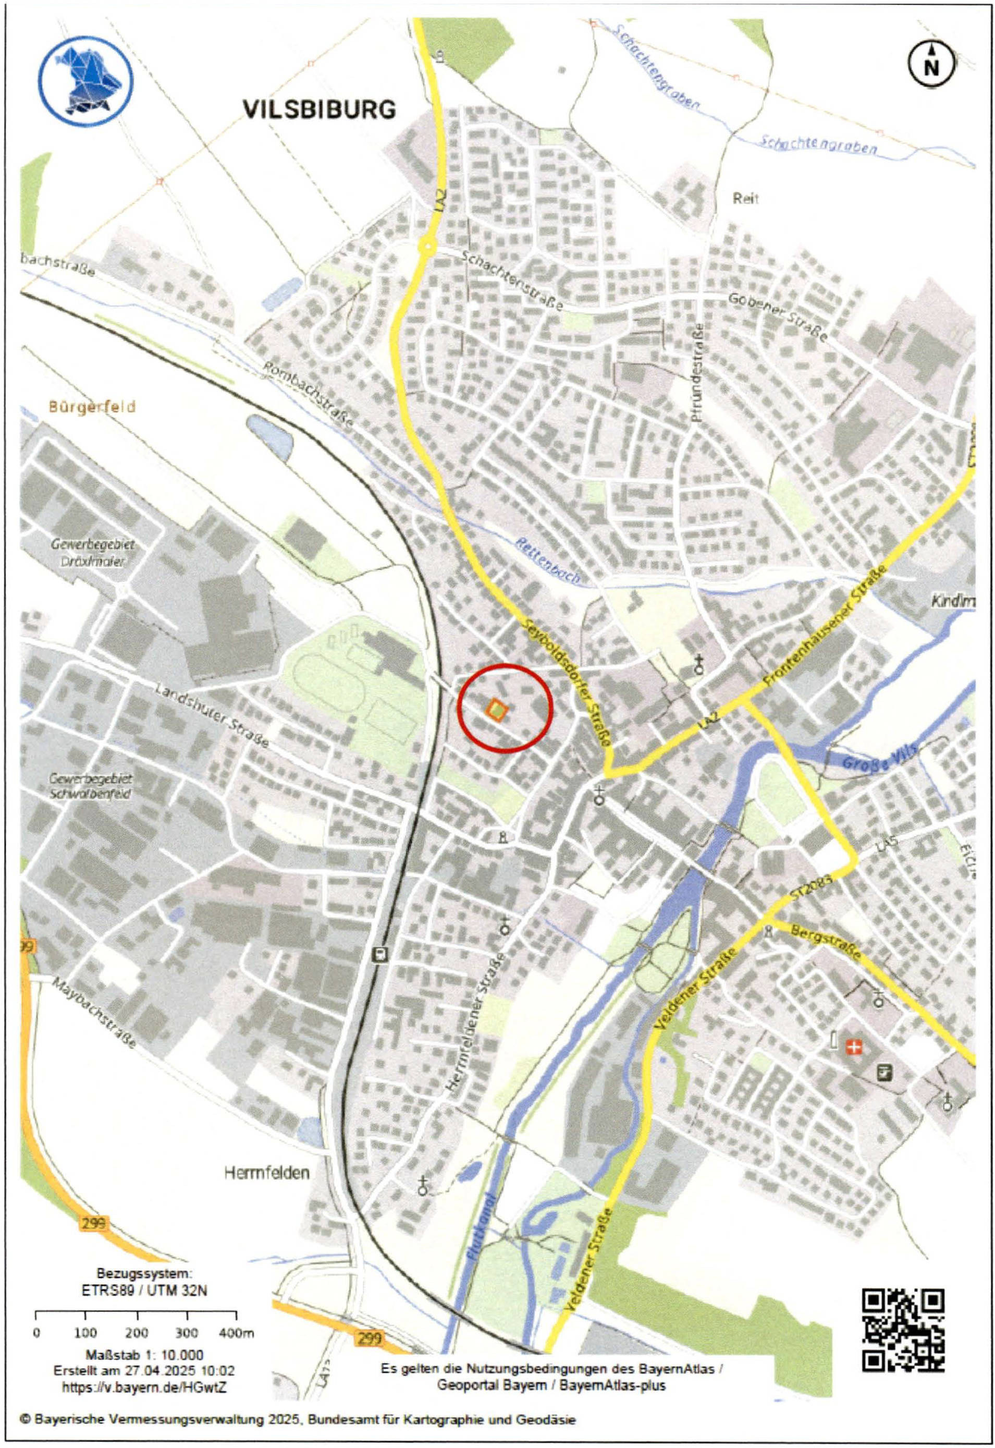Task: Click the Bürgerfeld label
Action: [92, 407]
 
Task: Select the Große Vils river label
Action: [874, 758]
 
